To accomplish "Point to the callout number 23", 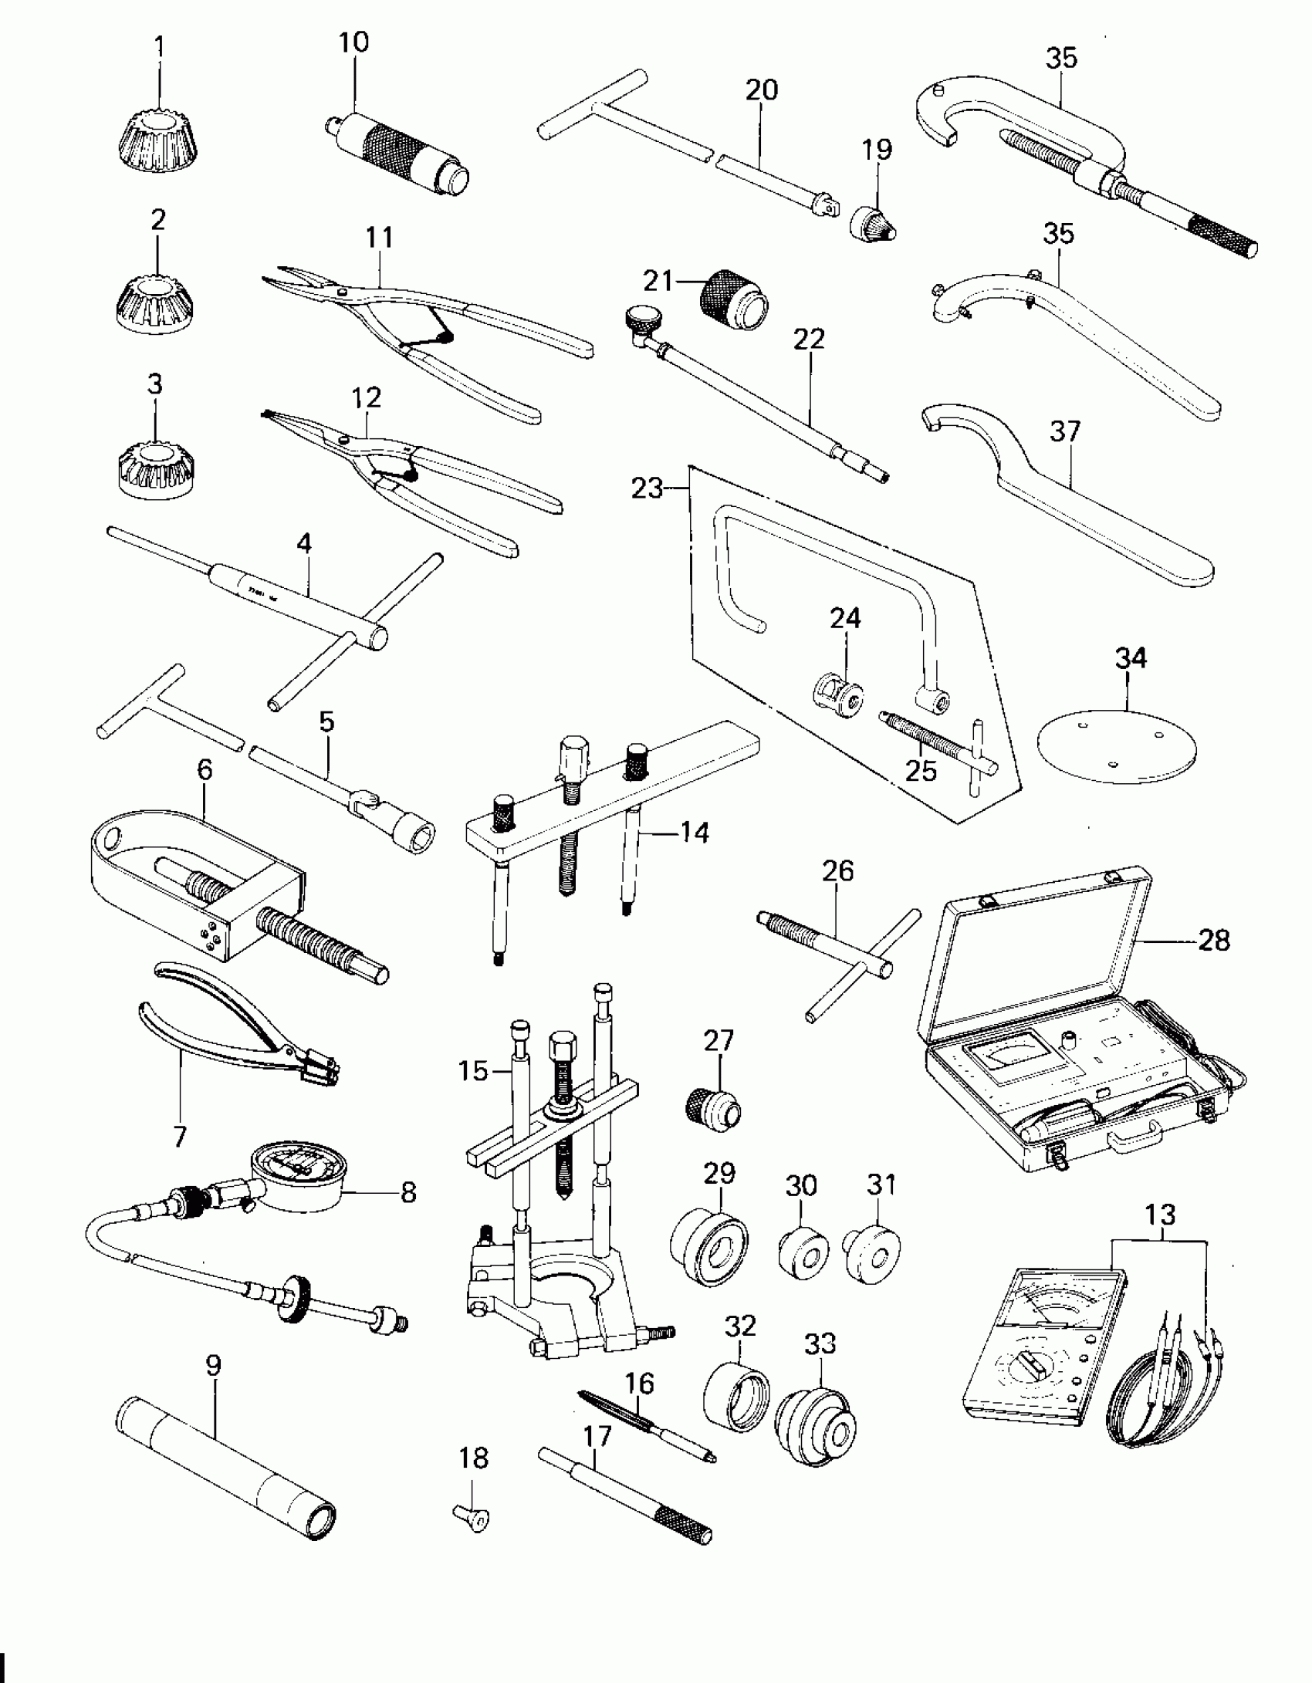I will [x=647, y=488].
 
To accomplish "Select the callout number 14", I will [x=695, y=832].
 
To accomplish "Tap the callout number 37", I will [x=1065, y=431].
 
